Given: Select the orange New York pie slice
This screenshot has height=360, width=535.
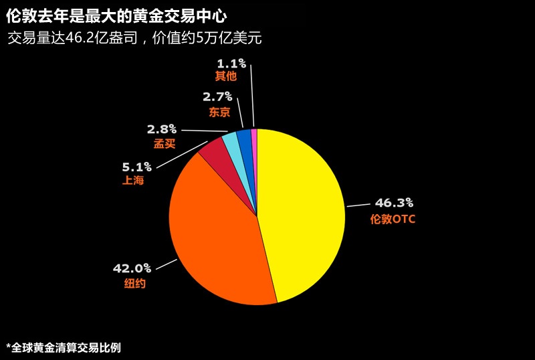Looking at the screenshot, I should coord(214,234).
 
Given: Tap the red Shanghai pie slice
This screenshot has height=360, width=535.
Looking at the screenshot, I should coord(215,154).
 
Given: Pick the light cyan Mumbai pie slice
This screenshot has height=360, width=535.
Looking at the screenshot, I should coord(231,142).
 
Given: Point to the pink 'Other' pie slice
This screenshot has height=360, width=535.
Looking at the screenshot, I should coord(254,137).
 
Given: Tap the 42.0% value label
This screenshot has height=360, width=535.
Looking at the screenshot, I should coord(132,268).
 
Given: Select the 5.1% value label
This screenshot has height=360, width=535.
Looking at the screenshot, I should coord(136,167).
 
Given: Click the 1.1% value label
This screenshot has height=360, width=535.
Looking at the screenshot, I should coord(231,63).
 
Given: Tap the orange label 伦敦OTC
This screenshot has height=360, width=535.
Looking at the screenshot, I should coord(393,219).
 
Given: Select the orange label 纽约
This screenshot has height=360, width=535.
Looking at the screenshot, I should coord(134,284).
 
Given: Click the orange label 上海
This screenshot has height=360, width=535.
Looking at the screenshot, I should coord(133,181).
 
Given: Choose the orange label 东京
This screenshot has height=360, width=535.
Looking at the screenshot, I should coord(219,112).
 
